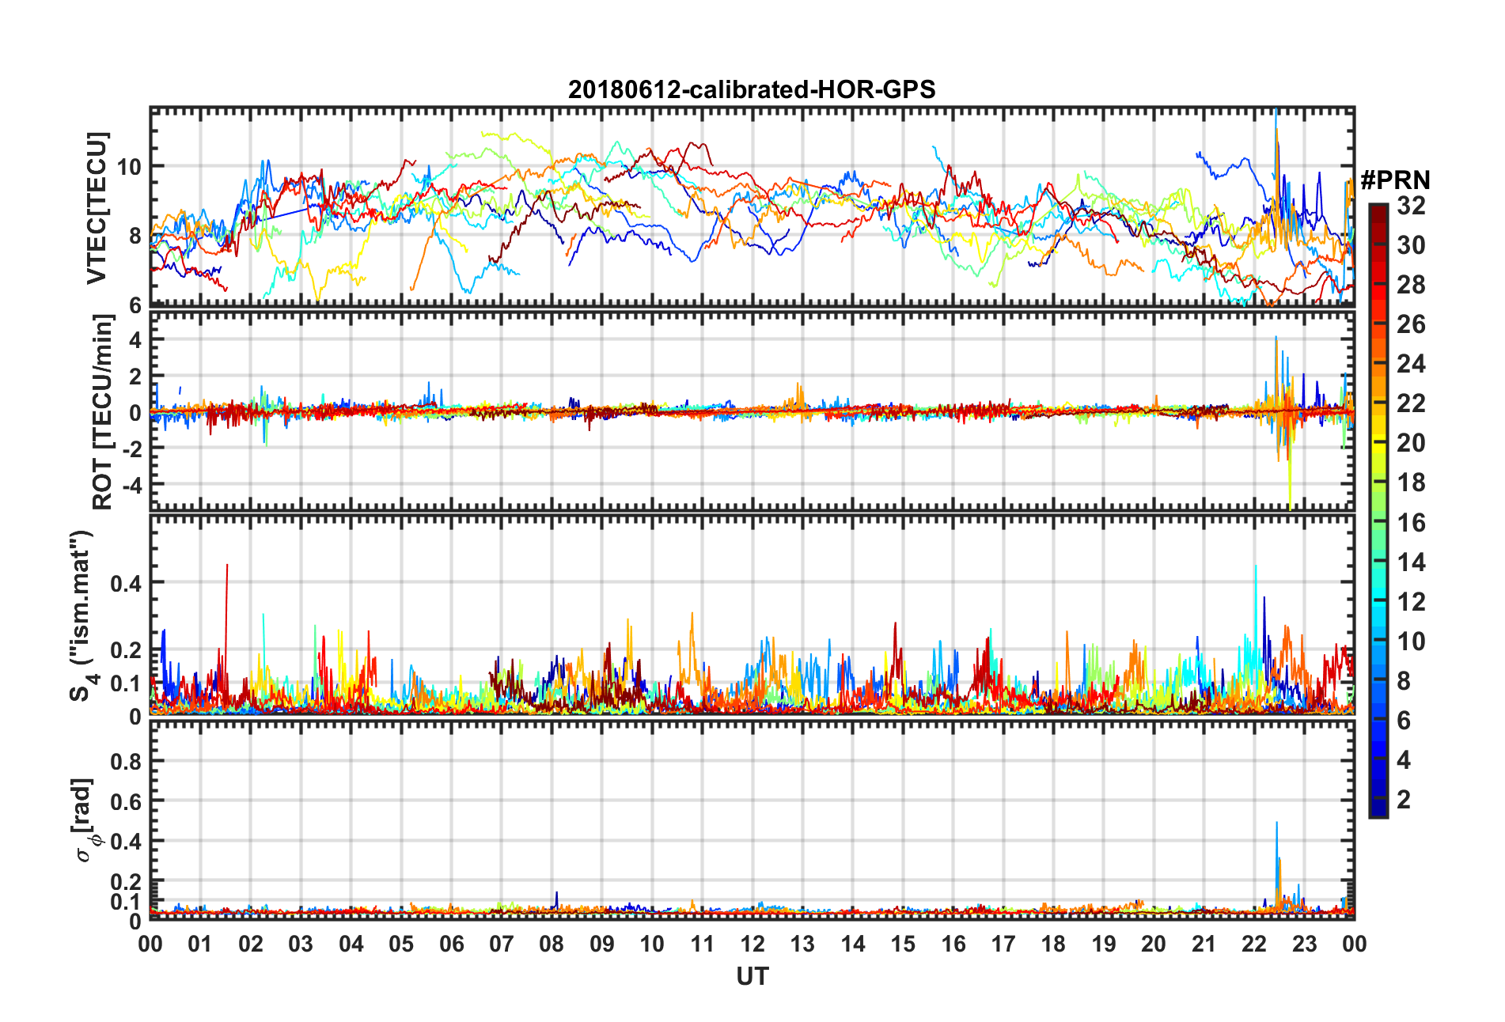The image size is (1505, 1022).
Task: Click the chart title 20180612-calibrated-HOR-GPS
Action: (752, 89)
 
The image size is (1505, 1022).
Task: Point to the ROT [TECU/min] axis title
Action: (103, 411)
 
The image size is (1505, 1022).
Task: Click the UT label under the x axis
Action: (752, 977)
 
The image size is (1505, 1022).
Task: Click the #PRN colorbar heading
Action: (1395, 180)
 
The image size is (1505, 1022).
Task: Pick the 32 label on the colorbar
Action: (1411, 206)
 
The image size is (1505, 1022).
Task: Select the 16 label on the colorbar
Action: (1411, 523)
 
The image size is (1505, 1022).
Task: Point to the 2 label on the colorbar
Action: (1404, 800)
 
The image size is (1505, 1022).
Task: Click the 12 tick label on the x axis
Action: (752, 944)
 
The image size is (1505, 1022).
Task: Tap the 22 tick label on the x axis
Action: (1254, 944)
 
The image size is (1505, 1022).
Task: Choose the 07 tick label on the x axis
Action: (502, 944)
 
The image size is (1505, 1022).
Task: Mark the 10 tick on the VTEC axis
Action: (129, 167)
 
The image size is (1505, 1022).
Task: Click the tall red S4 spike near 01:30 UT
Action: (227, 566)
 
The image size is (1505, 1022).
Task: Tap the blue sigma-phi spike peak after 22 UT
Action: (1276, 824)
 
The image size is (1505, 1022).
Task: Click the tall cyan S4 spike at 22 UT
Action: (1255, 567)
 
